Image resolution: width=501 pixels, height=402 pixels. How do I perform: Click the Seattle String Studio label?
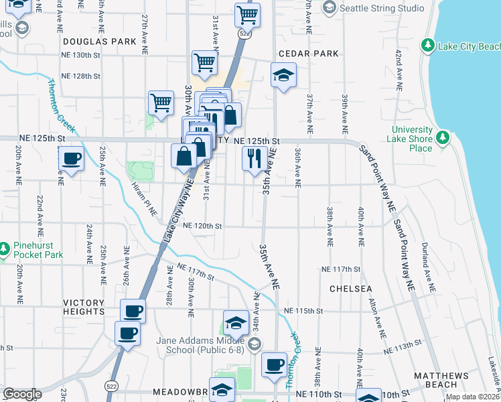(x=382, y=8)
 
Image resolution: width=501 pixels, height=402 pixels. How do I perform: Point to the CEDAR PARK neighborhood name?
(x=309, y=54)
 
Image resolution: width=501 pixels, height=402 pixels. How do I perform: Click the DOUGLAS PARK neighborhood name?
(x=90, y=41)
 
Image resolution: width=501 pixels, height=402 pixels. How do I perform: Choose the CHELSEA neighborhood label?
(x=350, y=289)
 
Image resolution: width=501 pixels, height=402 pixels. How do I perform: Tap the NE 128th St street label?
(x=82, y=76)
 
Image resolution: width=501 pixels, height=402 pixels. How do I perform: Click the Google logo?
(x=22, y=394)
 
